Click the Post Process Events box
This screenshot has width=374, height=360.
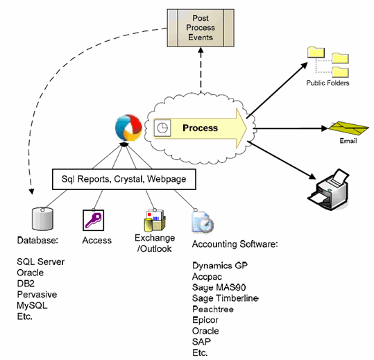tap(201, 28)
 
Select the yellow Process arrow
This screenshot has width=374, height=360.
tap(200, 128)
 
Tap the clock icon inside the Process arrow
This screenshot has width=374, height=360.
tap(162, 128)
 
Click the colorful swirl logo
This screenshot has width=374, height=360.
tap(128, 128)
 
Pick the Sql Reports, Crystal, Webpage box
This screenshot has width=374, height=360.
tap(124, 179)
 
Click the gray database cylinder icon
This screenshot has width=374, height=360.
tap(42, 219)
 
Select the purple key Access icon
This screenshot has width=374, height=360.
tap(93, 221)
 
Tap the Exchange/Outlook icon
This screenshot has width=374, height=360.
tap(155, 221)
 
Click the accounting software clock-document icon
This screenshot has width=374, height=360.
tap(203, 222)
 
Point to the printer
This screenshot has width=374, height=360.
tap(329, 190)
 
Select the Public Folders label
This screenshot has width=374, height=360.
tap(328, 83)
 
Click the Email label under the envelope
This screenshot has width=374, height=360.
tap(348, 141)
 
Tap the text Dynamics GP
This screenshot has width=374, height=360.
tap(220, 266)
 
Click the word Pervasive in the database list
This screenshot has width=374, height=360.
tap(37, 294)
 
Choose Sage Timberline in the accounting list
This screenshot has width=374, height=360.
tap(226, 298)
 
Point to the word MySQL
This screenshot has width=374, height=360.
tap(32, 306)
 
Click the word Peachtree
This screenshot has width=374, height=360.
tap(213, 309)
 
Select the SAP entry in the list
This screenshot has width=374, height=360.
tap(201, 342)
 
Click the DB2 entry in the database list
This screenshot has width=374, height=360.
tap(26, 284)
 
